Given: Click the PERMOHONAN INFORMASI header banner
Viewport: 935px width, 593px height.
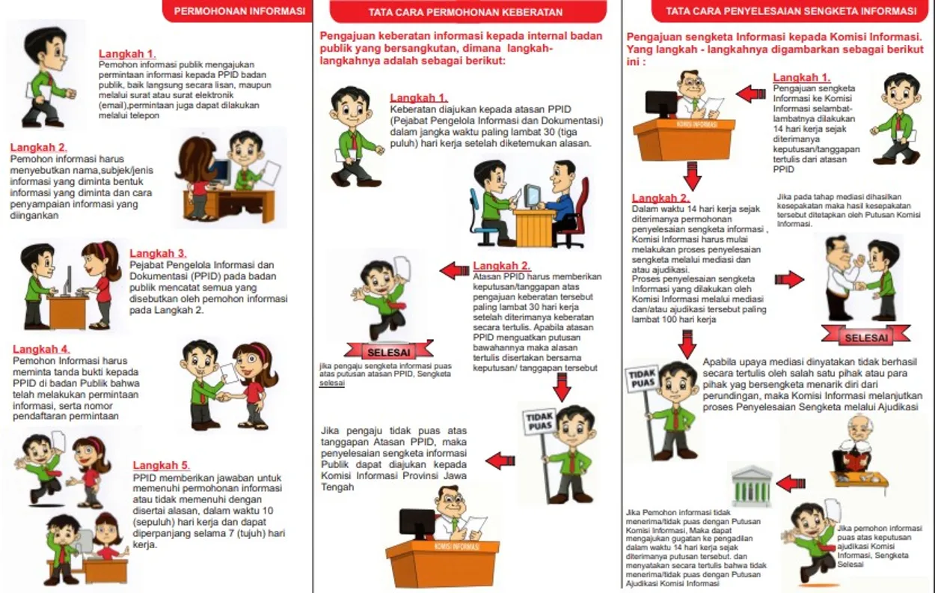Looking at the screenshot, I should pyautogui.click(x=239, y=11).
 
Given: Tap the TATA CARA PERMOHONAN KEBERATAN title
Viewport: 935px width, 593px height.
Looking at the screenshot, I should pyautogui.click(x=465, y=12).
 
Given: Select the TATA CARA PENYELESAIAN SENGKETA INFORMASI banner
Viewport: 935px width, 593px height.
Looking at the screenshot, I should pyautogui.click(x=785, y=11).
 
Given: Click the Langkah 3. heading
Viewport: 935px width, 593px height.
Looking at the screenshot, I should pyautogui.click(x=158, y=253).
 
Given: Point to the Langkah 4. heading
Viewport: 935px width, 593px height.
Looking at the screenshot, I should pyautogui.click(x=41, y=349).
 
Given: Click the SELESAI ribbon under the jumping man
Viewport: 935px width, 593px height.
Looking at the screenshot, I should pyautogui.click(x=389, y=350).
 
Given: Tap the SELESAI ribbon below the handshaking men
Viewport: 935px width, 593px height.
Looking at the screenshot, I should pyautogui.click(x=865, y=338).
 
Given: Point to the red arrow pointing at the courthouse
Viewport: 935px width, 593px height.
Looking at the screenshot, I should pyautogui.click(x=791, y=484).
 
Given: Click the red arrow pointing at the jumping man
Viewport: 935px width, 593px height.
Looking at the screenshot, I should pyautogui.click(x=453, y=270).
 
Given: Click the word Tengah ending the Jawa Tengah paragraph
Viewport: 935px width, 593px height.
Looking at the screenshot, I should pyautogui.click(x=337, y=487).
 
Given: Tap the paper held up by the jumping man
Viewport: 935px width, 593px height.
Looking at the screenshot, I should pyautogui.click(x=402, y=268).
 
